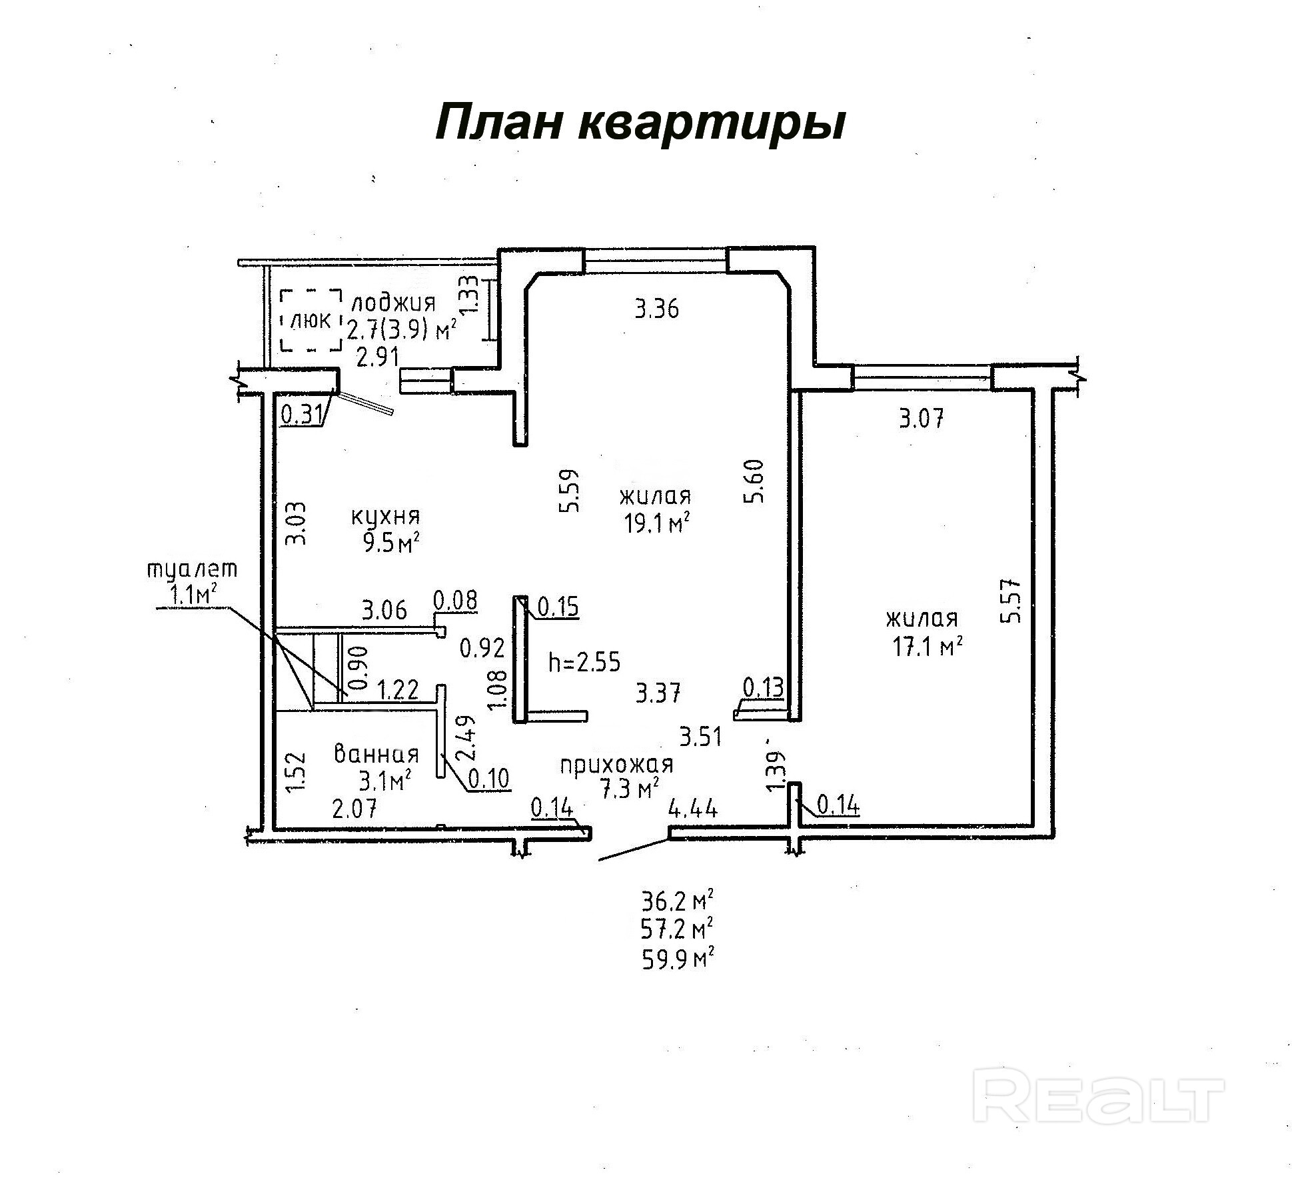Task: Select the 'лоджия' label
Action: [x=393, y=303]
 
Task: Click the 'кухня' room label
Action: [x=385, y=516]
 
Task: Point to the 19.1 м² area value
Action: [x=656, y=524]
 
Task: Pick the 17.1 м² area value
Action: [x=927, y=646]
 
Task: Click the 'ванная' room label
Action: [x=376, y=754]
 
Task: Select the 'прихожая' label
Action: [x=616, y=765]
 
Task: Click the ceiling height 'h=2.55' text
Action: [x=584, y=662]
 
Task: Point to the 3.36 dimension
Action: [x=656, y=309]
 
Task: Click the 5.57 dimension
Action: [x=1011, y=600]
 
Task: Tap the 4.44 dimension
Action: [x=693, y=809]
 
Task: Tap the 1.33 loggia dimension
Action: [x=469, y=295]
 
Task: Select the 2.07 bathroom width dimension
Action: [x=354, y=809]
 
